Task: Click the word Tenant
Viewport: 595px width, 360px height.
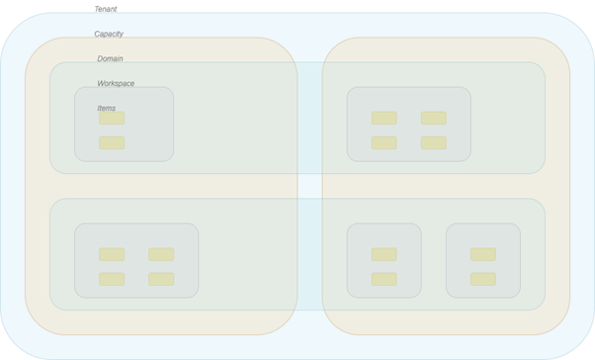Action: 106,9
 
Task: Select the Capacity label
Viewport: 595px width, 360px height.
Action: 109,34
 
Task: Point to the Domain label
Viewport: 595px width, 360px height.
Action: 110,58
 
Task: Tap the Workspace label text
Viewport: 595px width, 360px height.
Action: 116,83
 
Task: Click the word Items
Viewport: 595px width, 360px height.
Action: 106,108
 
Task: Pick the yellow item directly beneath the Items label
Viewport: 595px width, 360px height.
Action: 112,118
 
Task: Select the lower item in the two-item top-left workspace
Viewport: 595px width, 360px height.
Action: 112,142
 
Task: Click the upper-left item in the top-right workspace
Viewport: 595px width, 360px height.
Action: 383,118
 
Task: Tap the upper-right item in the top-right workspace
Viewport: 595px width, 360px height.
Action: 433,118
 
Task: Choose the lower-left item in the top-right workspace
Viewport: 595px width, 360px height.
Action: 383,142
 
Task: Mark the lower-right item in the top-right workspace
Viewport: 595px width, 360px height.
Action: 433,142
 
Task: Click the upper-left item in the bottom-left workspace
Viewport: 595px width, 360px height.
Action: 112,254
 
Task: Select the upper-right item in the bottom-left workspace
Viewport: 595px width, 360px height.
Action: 161,254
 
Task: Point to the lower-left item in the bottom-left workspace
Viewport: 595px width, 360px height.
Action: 112,279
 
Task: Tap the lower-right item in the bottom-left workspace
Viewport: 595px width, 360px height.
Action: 161,279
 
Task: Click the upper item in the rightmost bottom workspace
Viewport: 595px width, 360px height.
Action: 482,254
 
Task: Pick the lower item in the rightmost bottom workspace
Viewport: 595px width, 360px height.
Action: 482,279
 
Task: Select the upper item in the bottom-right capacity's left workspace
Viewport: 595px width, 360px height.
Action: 383,254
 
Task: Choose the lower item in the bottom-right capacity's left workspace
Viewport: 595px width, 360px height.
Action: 383,279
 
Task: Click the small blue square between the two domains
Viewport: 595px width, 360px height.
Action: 309,186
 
